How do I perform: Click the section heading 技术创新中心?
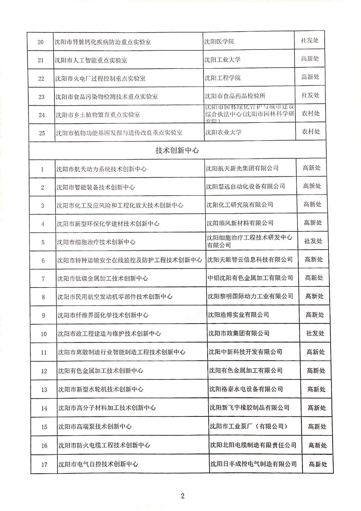pyautogui.click(x=177, y=150)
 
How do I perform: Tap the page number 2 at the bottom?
pyautogui.click(x=182, y=496)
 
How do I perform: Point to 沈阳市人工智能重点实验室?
pyautogui.click(x=91, y=60)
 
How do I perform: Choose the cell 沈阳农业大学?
pyautogui.click(x=223, y=132)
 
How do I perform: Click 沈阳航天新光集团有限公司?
pyautogui.click(x=242, y=168)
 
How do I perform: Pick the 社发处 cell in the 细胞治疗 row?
pyautogui.click(x=313, y=241)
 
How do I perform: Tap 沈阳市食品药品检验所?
pyautogui.click(x=235, y=96)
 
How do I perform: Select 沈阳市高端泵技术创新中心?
pyautogui.click(x=95, y=427)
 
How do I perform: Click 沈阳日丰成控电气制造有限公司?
pyautogui.click(x=253, y=464)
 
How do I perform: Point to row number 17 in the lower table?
pyautogui.click(x=44, y=464)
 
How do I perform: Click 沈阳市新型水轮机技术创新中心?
pyautogui.click(x=101, y=389)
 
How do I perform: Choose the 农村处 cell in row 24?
pyautogui.click(x=311, y=113)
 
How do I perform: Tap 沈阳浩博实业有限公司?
pyautogui.click(x=239, y=315)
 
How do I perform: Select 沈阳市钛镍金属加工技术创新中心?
pyautogui.click(x=103, y=278)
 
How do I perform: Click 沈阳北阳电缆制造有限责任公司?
pyautogui.click(x=253, y=445)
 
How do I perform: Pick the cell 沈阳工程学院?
pyautogui.click(x=223, y=78)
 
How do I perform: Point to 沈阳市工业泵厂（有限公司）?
pyautogui.click(x=248, y=426)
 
